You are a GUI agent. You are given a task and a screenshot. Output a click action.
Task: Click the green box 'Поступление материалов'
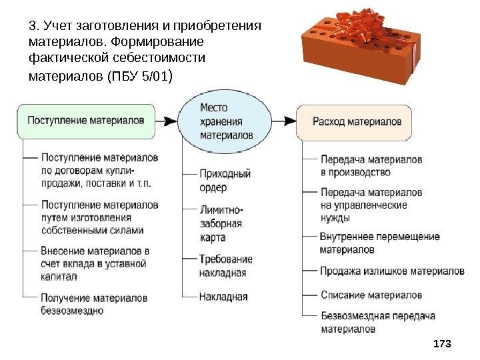click(x=87, y=121)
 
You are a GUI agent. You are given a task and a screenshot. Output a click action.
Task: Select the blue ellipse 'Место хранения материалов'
click(x=227, y=121)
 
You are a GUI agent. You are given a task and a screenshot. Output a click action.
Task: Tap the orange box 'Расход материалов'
click(x=357, y=122)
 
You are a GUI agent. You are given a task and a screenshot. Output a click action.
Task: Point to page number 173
click(x=442, y=343)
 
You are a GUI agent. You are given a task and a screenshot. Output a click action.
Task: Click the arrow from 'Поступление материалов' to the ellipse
click(x=168, y=121)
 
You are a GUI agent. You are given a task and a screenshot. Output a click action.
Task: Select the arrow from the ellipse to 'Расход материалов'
click(x=284, y=121)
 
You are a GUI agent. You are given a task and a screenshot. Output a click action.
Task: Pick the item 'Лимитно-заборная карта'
click(x=221, y=223)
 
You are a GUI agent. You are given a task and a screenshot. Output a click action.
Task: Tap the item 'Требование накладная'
click(x=225, y=265)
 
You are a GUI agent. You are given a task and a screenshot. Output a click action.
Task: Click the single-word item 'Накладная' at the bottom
click(x=223, y=297)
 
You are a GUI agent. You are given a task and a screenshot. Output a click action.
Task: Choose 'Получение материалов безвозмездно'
click(x=94, y=303)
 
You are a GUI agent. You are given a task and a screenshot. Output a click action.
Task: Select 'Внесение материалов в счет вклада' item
click(x=93, y=263)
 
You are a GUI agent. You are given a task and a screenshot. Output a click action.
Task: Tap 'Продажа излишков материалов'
click(x=392, y=271)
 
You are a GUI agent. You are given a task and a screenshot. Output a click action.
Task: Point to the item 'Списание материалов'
click(x=371, y=294)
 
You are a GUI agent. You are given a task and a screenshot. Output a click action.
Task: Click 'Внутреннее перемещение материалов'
click(x=379, y=243)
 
